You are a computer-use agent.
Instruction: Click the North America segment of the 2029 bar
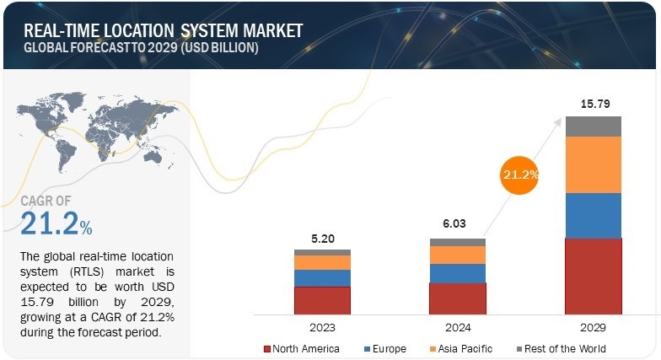pos(593,277)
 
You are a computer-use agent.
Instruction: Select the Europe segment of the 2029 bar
pos(593,215)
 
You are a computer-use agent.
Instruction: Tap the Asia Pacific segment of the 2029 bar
pos(593,164)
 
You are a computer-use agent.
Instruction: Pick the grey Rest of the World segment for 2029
pos(593,126)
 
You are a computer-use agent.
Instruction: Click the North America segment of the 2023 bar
pos(322,300)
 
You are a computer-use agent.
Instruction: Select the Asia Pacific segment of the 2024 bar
pos(457,255)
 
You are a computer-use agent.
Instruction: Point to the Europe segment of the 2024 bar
pos(457,273)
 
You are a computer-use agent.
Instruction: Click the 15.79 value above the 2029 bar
pos(593,104)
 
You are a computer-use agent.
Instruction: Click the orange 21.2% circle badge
pos(519,175)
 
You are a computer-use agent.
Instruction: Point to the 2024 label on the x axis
pos(457,327)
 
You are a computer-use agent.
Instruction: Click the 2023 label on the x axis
pos(322,327)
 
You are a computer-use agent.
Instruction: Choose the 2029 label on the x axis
pos(593,327)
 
